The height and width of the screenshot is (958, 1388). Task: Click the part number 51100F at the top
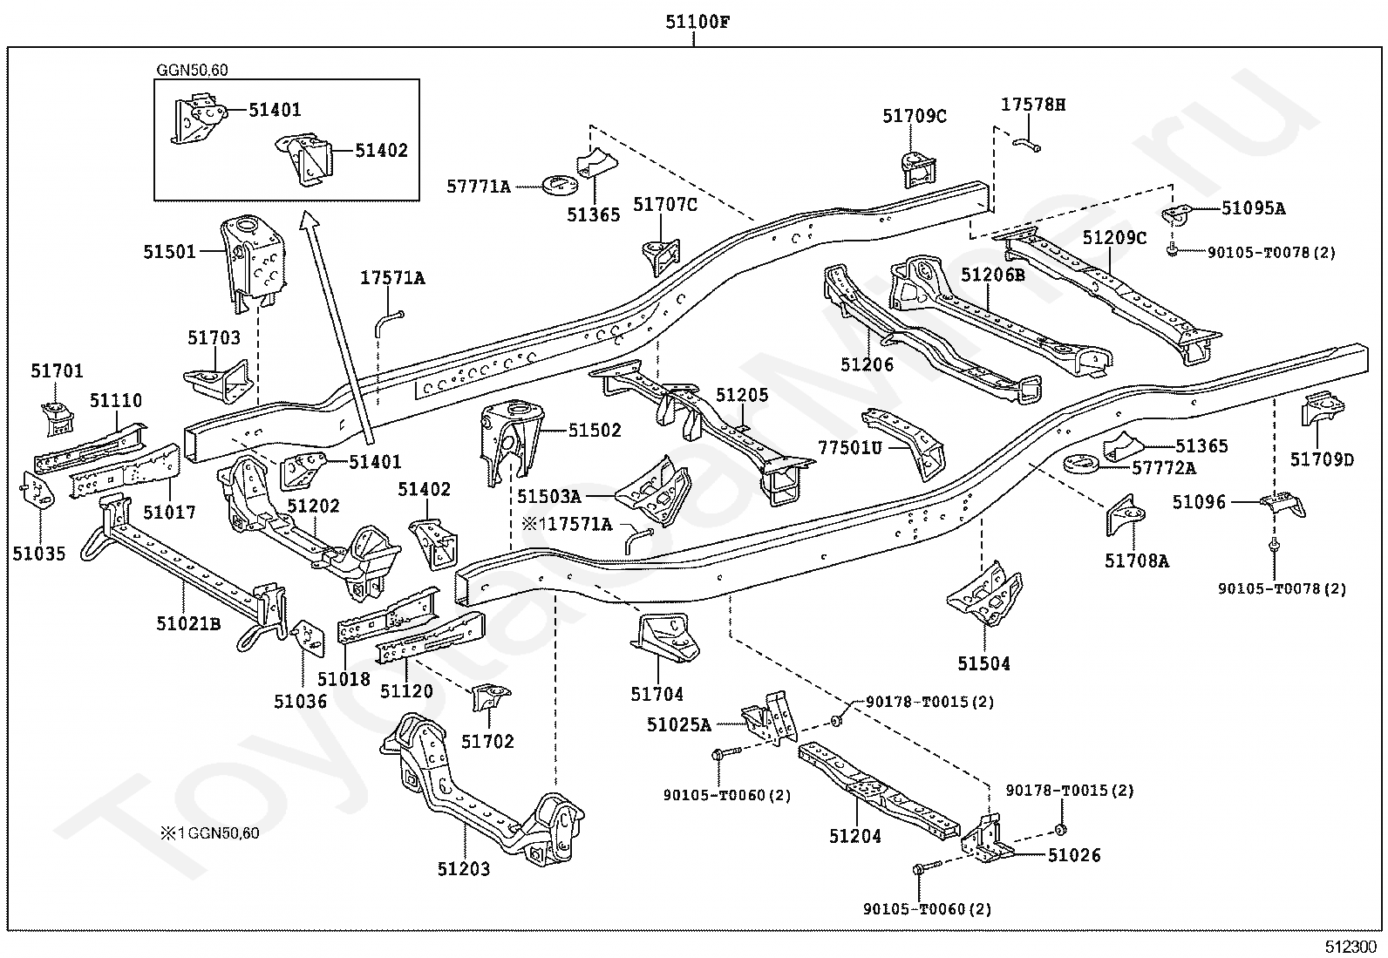(x=697, y=23)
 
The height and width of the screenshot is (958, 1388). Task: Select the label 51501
(x=169, y=252)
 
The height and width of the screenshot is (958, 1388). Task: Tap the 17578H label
(x=1033, y=105)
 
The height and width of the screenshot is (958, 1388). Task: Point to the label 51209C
(x=1115, y=237)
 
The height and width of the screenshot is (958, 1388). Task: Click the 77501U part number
(x=850, y=447)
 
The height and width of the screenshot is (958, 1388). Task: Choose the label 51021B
(x=188, y=623)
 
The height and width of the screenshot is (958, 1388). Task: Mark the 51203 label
(x=464, y=869)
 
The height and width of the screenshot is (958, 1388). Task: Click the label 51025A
(x=679, y=724)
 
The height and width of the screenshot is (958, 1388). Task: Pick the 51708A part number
(x=1137, y=561)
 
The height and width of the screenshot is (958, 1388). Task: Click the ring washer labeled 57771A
(x=560, y=183)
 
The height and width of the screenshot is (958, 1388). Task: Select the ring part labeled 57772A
(x=1080, y=462)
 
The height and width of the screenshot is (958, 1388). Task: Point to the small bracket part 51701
(x=58, y=419)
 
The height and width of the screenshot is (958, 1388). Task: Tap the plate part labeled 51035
(x=37, y=490)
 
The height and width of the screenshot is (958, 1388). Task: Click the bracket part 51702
(x=491, y=697)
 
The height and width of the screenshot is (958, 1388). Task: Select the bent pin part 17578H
(x=1027, y=145)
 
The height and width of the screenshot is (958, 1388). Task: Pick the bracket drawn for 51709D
(x=1323, y=408)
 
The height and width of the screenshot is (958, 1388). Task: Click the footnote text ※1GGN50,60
(x=210, y=832)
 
